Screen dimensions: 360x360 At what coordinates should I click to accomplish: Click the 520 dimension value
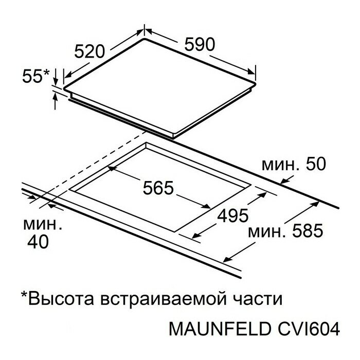click(90, 51)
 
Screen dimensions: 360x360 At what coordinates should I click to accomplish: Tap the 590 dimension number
click(196, 45)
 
